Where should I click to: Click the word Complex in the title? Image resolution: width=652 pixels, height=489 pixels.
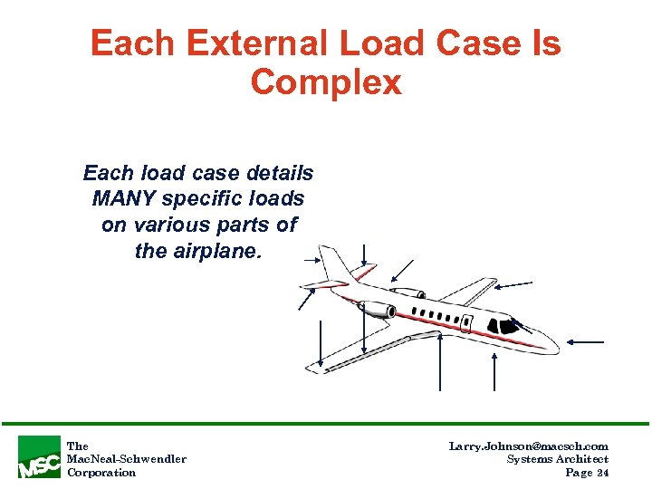point(326,82)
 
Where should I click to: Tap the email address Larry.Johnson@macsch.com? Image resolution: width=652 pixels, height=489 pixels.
point(528,446)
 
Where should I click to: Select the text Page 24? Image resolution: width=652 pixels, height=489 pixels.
point(586,472)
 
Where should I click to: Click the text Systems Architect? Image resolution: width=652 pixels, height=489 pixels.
point(557,459)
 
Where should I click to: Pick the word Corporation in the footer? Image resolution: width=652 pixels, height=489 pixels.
point(101,472)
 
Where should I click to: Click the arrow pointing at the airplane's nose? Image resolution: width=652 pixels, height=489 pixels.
point(586,342)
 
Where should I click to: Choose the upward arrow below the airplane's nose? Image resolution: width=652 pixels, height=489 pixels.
point(494,371)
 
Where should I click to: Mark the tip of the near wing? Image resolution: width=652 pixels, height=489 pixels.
point(313,367)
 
